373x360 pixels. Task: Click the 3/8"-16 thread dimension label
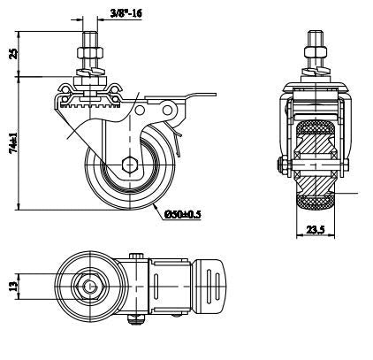pos(126,13)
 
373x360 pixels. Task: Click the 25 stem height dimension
pos(13,54)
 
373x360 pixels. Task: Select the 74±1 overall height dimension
pos(13,142)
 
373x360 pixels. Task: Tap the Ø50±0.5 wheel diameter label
pos(182,214)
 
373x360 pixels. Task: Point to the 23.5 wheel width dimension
pos(315,230)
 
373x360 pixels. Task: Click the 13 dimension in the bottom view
pos(13,287)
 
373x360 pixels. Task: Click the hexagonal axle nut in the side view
pos(130,165)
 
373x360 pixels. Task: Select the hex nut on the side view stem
pos(89,53)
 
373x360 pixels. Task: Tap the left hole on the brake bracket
pos(140,111)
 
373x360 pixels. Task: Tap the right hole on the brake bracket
pos(167,111)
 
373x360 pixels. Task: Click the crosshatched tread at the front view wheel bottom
pos(316,202)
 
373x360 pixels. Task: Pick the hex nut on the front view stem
pos(316,52)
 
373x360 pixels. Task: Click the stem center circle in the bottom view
pos(89,287)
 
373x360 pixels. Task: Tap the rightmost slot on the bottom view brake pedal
pos(217,287)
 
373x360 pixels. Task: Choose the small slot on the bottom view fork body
pos(156,287)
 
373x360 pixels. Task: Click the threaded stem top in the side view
pos(89,34)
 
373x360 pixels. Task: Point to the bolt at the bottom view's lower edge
pos(135,318)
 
